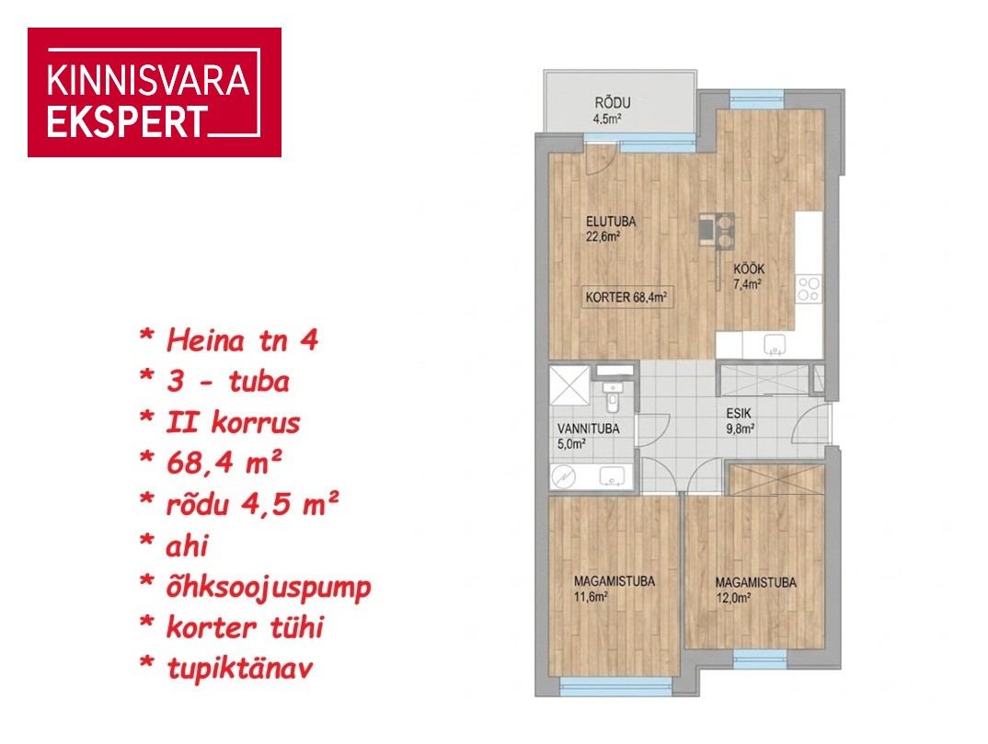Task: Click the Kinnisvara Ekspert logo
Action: [155, 92]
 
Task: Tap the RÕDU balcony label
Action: [612, 110]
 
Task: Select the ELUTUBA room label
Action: [611, 229]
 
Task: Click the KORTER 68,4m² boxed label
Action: [626, 297]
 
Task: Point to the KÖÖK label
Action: [749, 276]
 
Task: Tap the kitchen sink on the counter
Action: [775, 345]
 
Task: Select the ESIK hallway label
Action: [740, 421]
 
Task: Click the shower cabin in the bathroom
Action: [569, 385]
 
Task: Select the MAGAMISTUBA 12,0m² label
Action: [755, 589]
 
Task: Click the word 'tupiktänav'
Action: [239, 669]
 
